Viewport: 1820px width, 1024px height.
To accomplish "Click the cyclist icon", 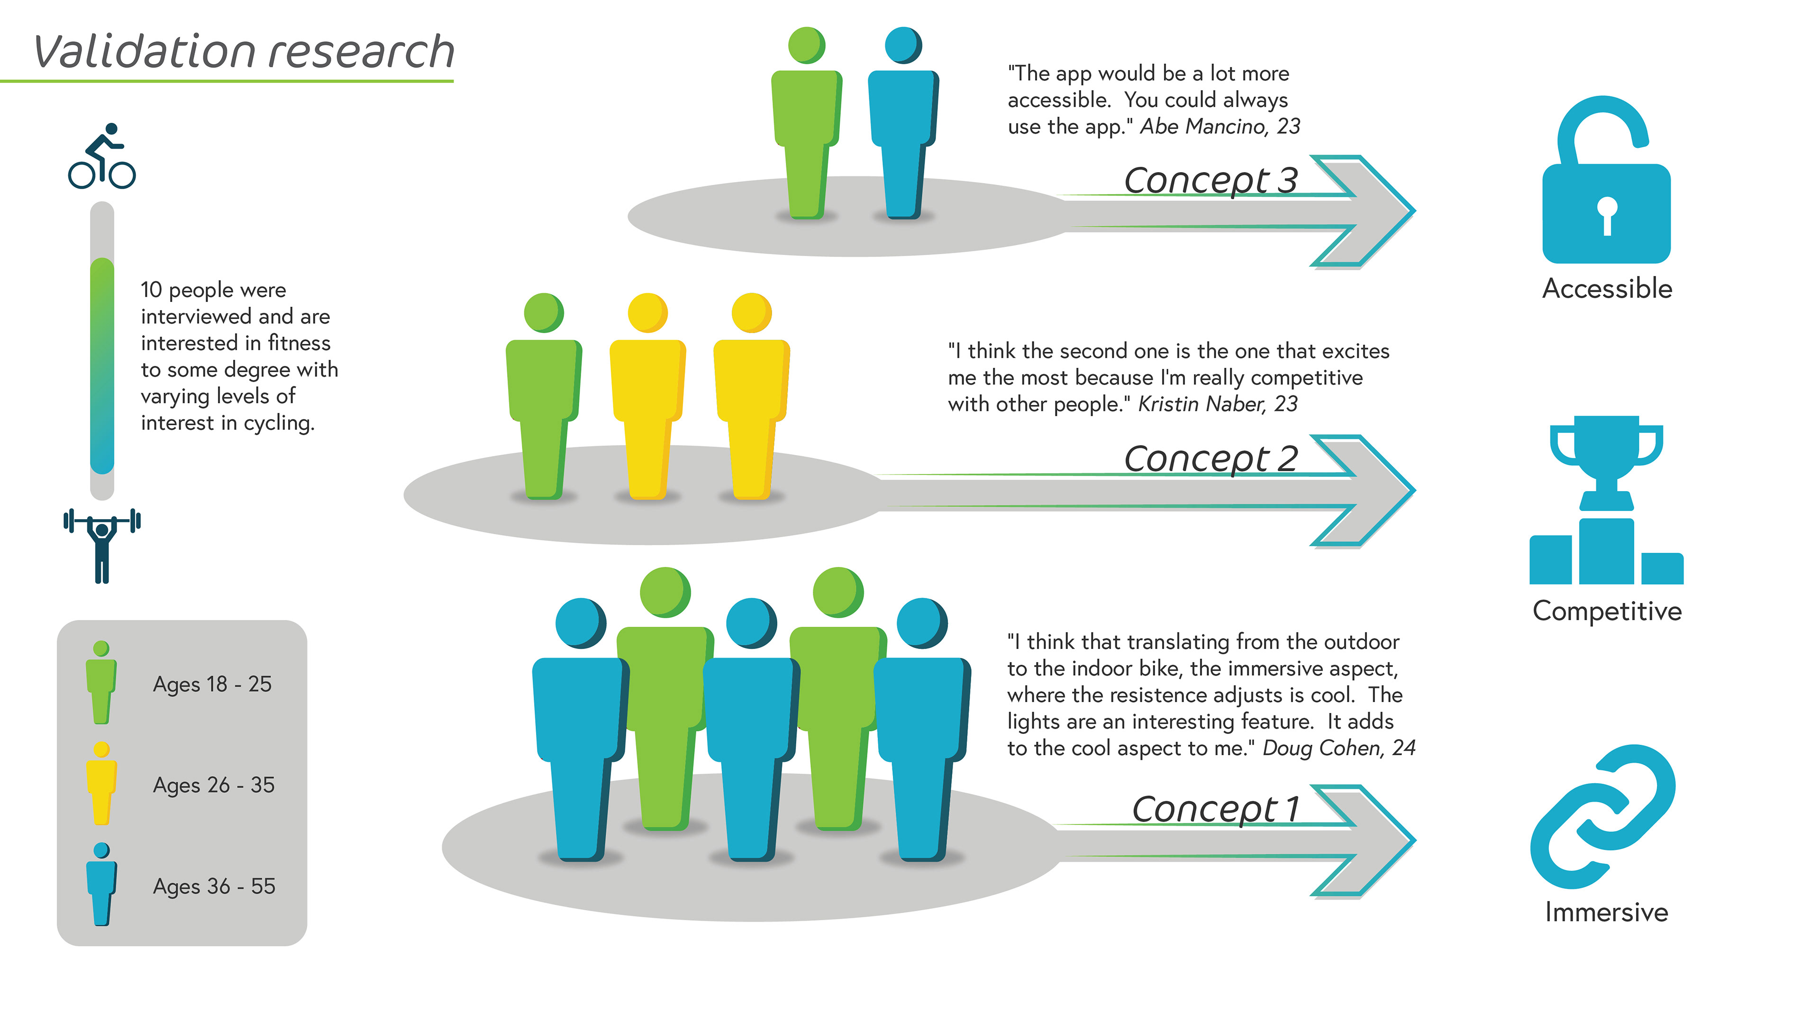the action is (x=102, y=157).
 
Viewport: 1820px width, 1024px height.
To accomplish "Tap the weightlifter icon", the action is (x=102, y=544).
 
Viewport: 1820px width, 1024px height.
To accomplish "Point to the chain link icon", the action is (x=1602, y=816).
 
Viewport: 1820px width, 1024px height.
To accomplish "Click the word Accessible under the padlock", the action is (x=1607, y=288).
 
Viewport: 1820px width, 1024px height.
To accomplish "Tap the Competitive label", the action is (x=1607, y=611).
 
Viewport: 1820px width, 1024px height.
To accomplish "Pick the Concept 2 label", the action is (x=1210, y=459).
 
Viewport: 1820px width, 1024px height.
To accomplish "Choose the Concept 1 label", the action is (x=1215, y=809).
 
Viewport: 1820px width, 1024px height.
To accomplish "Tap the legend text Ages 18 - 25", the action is (x=212, y=684).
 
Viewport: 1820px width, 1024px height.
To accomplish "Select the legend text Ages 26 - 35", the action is (x=213, y=785).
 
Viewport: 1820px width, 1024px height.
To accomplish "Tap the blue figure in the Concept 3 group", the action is (x=902, y=124).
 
